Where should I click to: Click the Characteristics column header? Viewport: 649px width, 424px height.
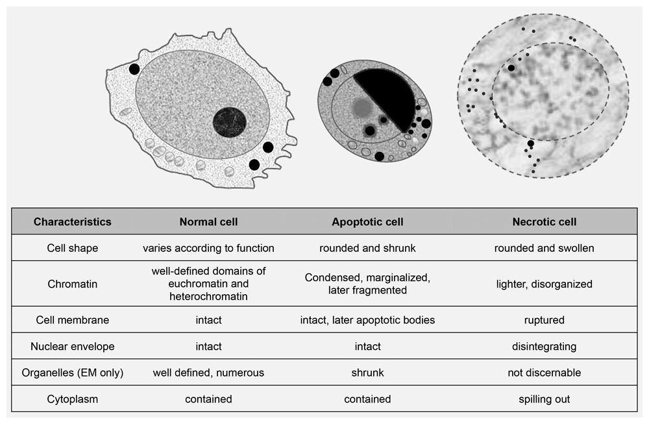(73, 222)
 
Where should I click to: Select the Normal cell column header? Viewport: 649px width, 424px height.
(208, 222)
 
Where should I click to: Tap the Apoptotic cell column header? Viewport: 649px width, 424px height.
(367, 222)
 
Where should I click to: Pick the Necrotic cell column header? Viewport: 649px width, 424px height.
(545, 222)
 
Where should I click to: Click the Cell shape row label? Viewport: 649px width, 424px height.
(73, 248)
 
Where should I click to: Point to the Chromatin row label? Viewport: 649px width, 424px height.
(73, 284)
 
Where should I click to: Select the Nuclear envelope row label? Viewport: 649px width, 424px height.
(73, 347)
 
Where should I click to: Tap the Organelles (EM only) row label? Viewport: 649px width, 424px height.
(73, 373)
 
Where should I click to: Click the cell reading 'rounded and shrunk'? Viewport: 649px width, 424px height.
(367, 248)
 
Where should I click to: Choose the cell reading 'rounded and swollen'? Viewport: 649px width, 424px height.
(545, 248)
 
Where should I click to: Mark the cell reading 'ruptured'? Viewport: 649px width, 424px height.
(545, 320)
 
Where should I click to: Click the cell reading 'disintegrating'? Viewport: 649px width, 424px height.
(545, 347)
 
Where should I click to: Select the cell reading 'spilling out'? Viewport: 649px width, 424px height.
(545, 399)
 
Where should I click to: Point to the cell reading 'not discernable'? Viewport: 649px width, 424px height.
(545, 373)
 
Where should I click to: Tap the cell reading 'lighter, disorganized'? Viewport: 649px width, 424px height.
(545, 284)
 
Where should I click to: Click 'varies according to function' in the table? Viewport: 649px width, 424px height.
(208, 248)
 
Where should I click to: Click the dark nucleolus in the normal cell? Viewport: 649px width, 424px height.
(230, 122)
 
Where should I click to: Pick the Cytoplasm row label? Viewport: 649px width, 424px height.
(73, 399)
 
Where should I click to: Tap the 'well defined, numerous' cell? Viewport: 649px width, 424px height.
(208, 373)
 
